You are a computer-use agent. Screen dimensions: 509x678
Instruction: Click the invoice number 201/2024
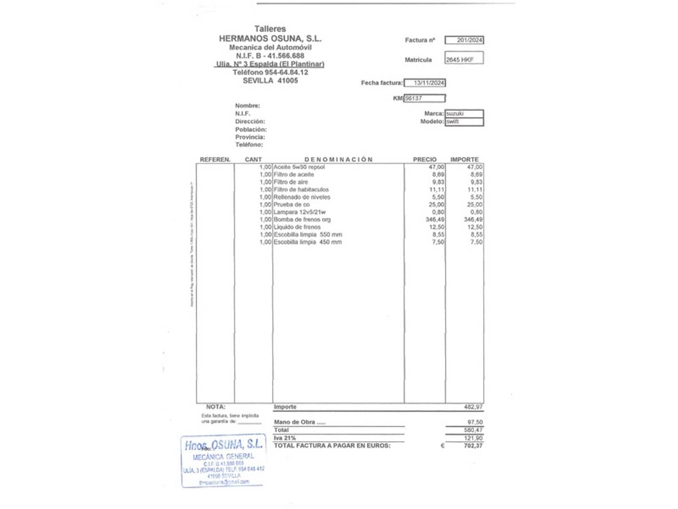469,41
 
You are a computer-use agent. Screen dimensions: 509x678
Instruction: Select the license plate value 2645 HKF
460,60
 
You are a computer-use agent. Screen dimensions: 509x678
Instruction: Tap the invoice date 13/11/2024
428,83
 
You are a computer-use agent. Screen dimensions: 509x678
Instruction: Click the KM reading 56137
414,99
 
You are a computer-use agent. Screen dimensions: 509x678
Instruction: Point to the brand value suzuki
455,114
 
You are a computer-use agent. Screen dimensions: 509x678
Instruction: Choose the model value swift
452,122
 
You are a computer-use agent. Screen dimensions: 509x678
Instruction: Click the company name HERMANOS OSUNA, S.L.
270,39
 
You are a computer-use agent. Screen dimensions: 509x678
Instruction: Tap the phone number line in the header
270,73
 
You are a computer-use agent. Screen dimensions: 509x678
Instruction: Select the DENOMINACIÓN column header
338,160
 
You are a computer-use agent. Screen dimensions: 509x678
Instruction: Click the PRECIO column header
425,160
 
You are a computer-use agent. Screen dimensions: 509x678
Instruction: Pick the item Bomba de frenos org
302,220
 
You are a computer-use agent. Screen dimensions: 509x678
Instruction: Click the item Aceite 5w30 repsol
299,167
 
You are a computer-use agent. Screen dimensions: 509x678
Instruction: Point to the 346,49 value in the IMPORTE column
473,220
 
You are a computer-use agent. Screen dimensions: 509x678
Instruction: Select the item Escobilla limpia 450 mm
307,242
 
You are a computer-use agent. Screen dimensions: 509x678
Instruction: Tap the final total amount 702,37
473,446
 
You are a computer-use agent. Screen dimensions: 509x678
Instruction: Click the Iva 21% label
285,438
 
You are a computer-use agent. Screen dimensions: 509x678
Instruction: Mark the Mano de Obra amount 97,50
475,423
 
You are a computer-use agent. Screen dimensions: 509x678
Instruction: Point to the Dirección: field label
250,122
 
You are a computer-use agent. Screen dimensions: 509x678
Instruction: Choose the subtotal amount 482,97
473,407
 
